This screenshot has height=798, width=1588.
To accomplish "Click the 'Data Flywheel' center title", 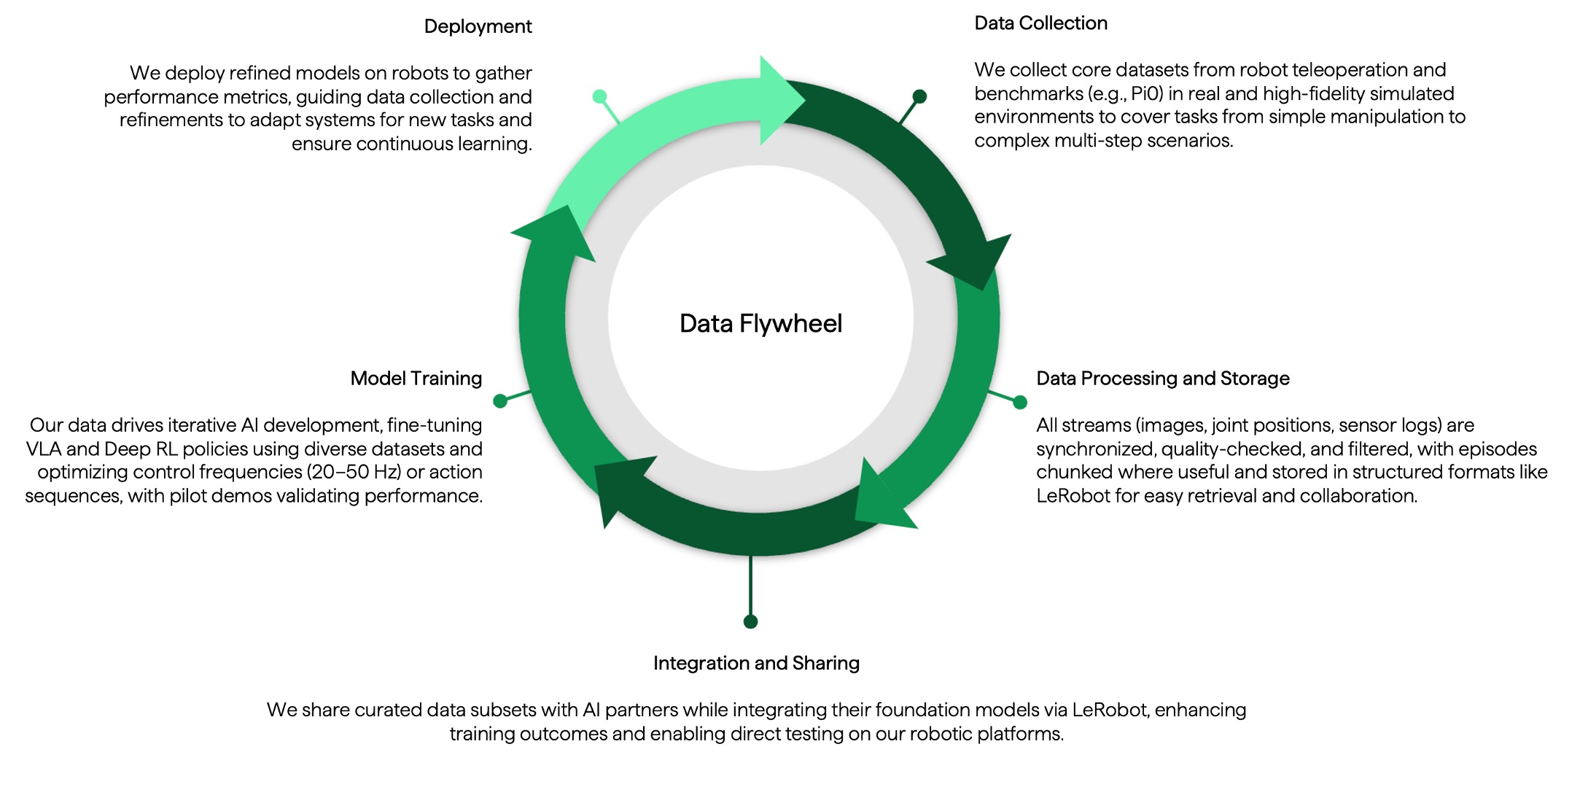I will [x=760, y=323].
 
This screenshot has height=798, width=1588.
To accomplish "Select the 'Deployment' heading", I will [x=478, y=26].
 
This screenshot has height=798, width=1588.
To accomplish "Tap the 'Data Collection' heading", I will [x=1040, y=23].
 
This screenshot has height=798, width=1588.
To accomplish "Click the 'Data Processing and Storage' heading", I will [x=1162, y=379].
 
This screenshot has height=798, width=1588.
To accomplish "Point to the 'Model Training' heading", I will [x=416, y=379].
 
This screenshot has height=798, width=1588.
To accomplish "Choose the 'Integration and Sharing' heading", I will [x=756, y=663].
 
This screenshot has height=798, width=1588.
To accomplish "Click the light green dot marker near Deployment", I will [x=599, y=96].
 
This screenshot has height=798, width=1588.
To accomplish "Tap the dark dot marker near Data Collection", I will [x=919, y=96].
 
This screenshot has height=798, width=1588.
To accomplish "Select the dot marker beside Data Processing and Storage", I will [x=1020, y=402].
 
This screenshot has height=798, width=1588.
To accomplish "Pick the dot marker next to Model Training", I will [x=500, y=400].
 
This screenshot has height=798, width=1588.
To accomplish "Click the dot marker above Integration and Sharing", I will [x=750, y=621].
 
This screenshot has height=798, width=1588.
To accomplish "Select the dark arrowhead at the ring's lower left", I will [x=620, y=485].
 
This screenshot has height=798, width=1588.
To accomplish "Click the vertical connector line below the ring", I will [x=750, y=587].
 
